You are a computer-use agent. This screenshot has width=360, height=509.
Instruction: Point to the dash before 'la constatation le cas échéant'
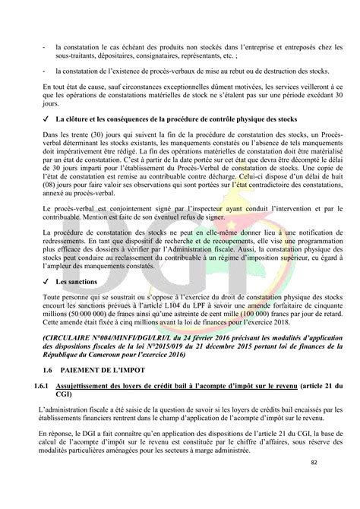(x=46, y=46)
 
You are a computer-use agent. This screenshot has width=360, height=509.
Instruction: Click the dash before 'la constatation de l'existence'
(x=46, y=71)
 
